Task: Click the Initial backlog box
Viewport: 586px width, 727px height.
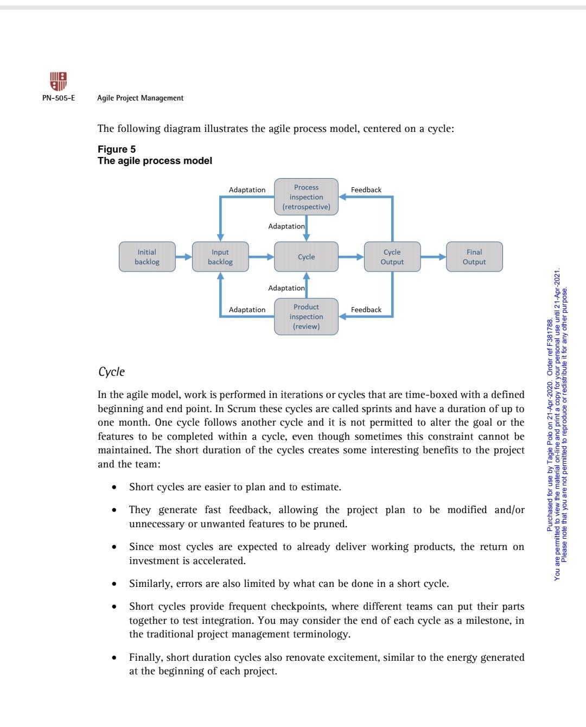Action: click(147, 257)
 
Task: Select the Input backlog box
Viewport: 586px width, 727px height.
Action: click(220, 257)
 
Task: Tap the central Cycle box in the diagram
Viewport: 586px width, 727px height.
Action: click(306, 257)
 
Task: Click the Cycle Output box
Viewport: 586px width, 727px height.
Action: click(392, 257)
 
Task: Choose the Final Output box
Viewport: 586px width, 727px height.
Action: click(474, 257)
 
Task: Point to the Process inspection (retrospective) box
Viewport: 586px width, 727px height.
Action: click(306, 197)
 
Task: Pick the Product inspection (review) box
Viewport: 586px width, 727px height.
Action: click(306, 317)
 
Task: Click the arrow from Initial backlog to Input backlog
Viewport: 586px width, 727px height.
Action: click(184, 257)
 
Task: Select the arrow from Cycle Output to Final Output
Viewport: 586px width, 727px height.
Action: click(433, 257)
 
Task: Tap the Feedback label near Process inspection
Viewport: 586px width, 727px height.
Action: click(366, 189)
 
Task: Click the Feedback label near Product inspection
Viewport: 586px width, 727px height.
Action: click(366, 309)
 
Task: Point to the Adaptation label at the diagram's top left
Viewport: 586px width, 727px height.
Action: click(247, 189)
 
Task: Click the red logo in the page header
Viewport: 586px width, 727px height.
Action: click(58, 82)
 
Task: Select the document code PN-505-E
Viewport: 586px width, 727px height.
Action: click(59, 98)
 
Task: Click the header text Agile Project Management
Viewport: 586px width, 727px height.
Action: click(140, 98)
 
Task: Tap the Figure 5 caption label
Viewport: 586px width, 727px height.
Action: click(117, 149)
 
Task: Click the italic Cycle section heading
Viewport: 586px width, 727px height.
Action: click(111, 372)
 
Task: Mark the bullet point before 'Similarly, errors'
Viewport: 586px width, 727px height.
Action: click(114, 584)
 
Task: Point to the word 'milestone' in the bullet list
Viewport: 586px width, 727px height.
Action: click(487, 621)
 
